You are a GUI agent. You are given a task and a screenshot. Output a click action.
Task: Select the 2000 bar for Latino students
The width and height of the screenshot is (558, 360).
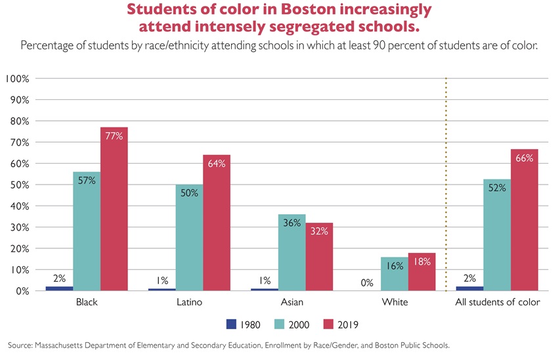click(x=189, y=237)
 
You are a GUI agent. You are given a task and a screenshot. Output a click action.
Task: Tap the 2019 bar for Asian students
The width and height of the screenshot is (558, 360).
click(x=319, y=257)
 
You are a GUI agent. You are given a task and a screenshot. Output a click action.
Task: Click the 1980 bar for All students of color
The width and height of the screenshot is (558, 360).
click(x=469, y=288)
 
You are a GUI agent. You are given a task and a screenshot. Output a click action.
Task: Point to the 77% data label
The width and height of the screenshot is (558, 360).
click(x=114, y=135)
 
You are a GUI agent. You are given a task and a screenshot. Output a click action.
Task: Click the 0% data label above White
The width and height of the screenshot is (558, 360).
click(x=367, y=283)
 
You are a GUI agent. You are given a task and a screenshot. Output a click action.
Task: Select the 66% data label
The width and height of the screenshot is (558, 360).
click(x=525, y=158)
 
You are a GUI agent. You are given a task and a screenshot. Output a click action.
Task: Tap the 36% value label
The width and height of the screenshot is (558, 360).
click(x=291, y=223)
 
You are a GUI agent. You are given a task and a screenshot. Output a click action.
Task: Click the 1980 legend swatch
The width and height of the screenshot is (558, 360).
click(x=230, y=324)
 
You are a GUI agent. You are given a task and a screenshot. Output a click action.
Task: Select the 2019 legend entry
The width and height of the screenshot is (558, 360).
click(x=349, y=324)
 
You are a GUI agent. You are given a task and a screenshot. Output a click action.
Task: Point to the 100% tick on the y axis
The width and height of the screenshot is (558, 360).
click(x=16, y=79)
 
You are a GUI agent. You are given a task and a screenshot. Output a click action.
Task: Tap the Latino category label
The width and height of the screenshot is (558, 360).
click(x=189, y=303)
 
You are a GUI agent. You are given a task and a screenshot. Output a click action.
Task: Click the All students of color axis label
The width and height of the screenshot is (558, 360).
click(x=498, y=303)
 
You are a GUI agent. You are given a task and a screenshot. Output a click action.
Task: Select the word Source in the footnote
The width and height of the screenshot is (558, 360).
click(x=20, y=345)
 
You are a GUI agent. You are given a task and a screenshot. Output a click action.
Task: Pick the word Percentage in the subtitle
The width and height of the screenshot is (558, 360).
click(x=49, y=46)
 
